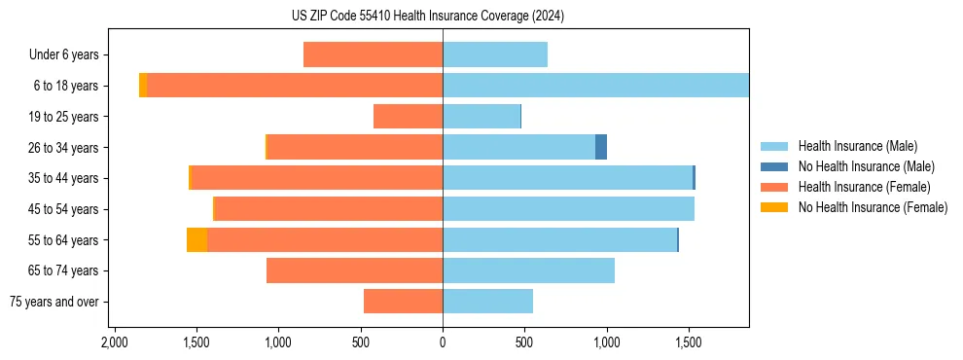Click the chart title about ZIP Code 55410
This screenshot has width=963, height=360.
tap(443, 17)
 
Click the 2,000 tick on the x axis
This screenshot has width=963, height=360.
tap(115, 342)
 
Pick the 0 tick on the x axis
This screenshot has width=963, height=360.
tap(443, 342)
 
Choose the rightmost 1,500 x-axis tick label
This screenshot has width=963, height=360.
tap(688, 342)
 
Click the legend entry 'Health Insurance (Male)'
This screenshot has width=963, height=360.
tap(857, 147)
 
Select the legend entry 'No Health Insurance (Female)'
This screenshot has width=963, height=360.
tap(873, 207)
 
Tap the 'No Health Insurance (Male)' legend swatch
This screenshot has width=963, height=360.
tap(774, 167)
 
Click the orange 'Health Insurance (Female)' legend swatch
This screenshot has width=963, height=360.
tap(774, 187)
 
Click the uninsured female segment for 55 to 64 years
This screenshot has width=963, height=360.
tap(196, 240)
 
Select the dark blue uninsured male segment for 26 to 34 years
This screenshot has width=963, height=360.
tap(601, 147)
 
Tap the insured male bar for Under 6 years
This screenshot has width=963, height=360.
tap(495, 54)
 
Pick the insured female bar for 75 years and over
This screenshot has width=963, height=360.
tap(403, 302)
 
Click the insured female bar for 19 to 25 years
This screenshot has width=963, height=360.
tap(408, 117)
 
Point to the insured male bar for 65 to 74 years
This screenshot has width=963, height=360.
tap(528, 270)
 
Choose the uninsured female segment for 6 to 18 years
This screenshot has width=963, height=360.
tap(143, 86)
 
